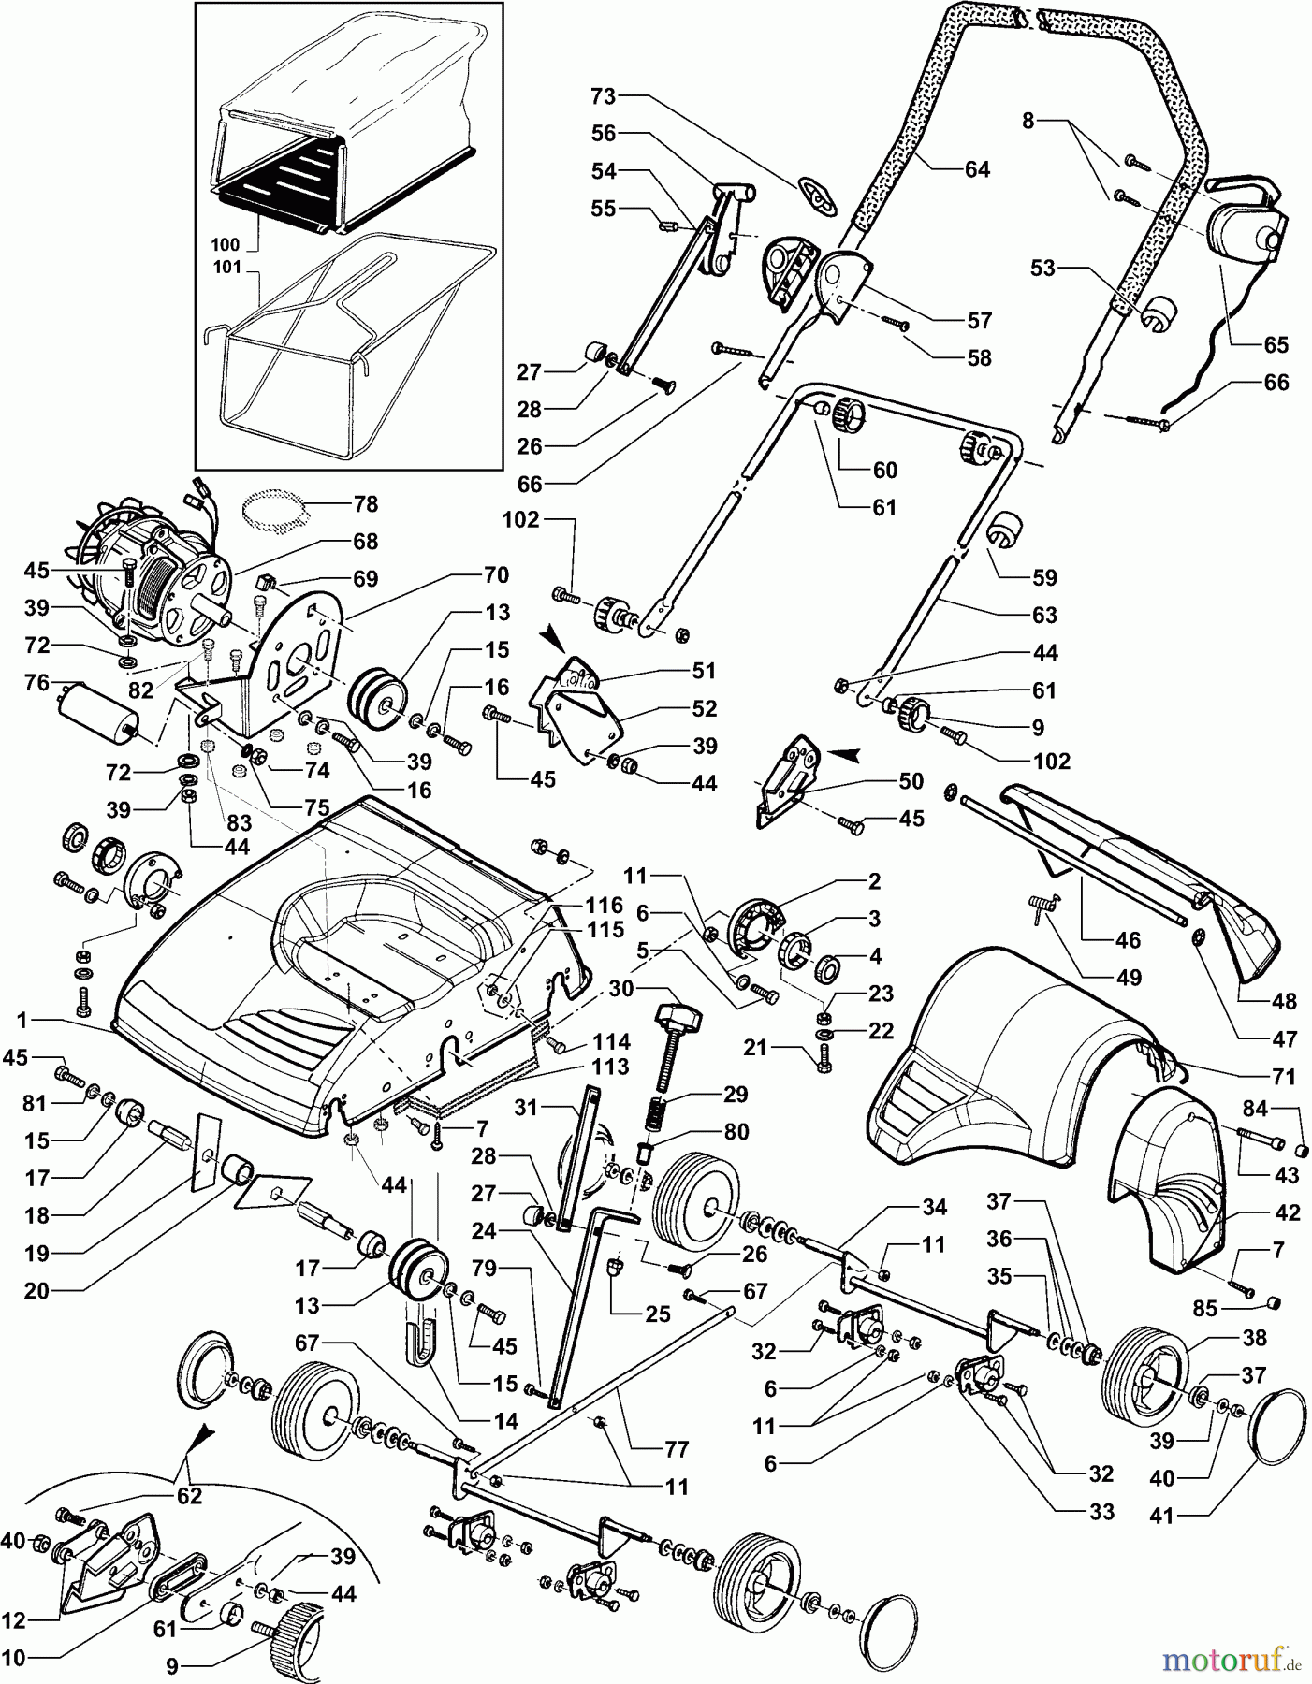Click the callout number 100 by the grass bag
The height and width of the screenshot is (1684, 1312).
click(x=226, y=245)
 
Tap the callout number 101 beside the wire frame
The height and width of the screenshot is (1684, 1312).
click(x=226, y=268)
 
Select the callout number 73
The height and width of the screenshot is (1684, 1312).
click(x=605, y=95)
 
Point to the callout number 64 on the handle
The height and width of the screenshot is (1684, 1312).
click(x=976, y=169)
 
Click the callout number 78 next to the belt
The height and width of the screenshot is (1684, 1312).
click(x=366, y=504)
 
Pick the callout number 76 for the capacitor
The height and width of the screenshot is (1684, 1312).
click(x=36, y=684)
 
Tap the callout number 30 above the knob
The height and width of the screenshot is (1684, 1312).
click(x=621, y=990)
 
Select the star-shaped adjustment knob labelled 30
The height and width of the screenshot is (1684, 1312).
click(x=678, y=1014)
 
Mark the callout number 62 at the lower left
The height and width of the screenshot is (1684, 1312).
click(x=188, y=1496)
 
